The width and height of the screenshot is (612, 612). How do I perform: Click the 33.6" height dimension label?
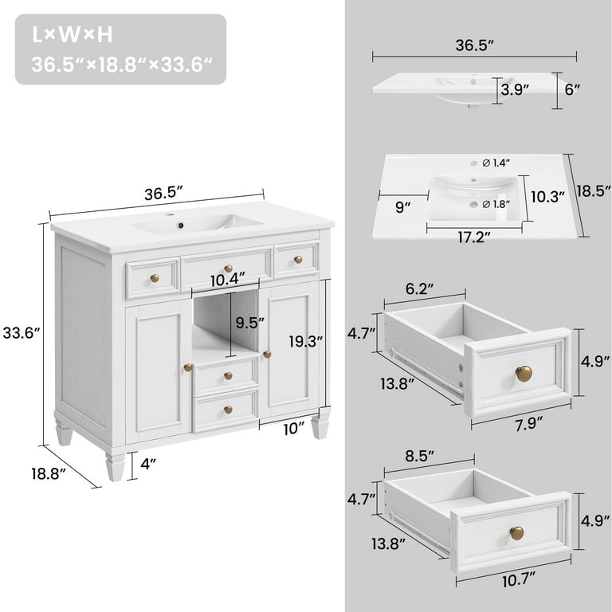[x=22, y=334]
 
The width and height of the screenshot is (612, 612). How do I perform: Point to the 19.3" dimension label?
[x=306, y=340]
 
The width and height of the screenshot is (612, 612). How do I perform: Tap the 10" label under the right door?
[x=293, y=430]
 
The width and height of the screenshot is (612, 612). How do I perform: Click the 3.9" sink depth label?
[x=516, y=90]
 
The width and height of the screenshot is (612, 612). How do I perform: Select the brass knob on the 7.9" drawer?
[x=523, y=373]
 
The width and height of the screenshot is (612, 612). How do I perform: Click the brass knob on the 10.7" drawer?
[x=516, y=532]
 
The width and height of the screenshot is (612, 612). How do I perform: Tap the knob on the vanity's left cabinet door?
[x=188, y=367]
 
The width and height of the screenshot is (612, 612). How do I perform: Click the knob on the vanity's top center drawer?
[x=228, y=269]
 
